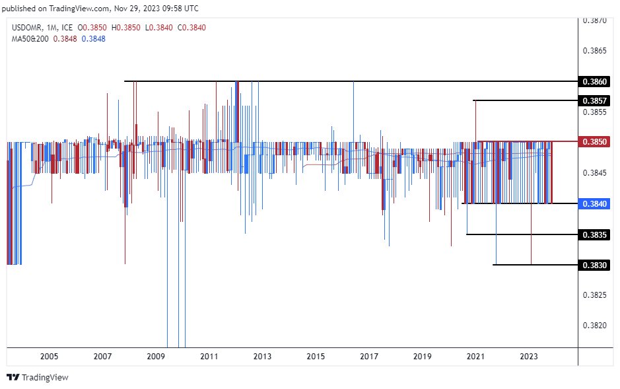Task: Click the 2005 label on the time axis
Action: tap(49, 357)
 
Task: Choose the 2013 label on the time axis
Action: tap(262, 357)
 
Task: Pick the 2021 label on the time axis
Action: tap(475, 357)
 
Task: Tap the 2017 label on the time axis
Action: tap(368, 357)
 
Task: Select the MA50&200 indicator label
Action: tap(30, 39)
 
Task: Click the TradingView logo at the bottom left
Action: tap(38, 378)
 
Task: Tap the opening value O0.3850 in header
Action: tap(92, 28)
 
